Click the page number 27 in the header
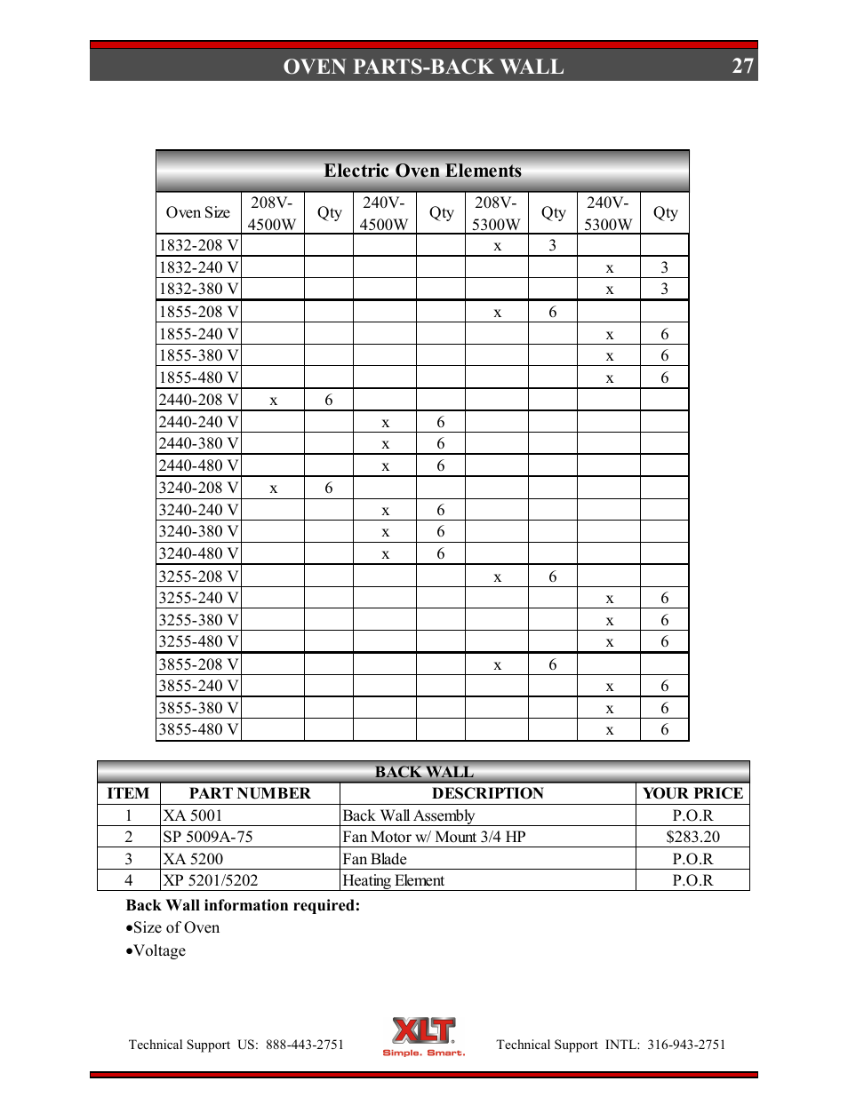pyautogui.click(x=742, y=67)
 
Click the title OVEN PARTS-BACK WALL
pyautogui.click(x=423, y=67)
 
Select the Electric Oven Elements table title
pyautogui.click(x=422, y=171)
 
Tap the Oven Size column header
pyautogui.click(x=198, y=212)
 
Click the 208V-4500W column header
pyautogui.click(x=272, y=213)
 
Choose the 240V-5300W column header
pyautogui.click(x=608, y=213)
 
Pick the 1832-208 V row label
pyautogui.click(x=198, y=245)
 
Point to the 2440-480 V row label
pyautogui.click(x=198, y=465)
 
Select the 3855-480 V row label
pyautogui.click(x=198, y=729)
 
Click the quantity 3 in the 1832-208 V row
pyautogui.click(x=553, y=245)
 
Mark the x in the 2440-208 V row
pyautogui.click(x=274, y=401)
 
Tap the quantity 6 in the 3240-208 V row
pyautogui.click(x=329, y=488)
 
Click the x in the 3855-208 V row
pyautogui.click(x=498, y=664)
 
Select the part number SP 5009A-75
pyautogui.click(x=208, y=837)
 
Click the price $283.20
pyautogui.click(x=692, y=837)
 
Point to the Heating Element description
pyautogui.click(x=393, y=880)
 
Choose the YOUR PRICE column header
pyautogui.click(x=692, y=793)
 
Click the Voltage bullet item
pyautogui.click(x=159, y=950)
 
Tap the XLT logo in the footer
pyautogui.click(x=424, y=1036)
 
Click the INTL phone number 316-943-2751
pyautogui.click(x=686, y=1045)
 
